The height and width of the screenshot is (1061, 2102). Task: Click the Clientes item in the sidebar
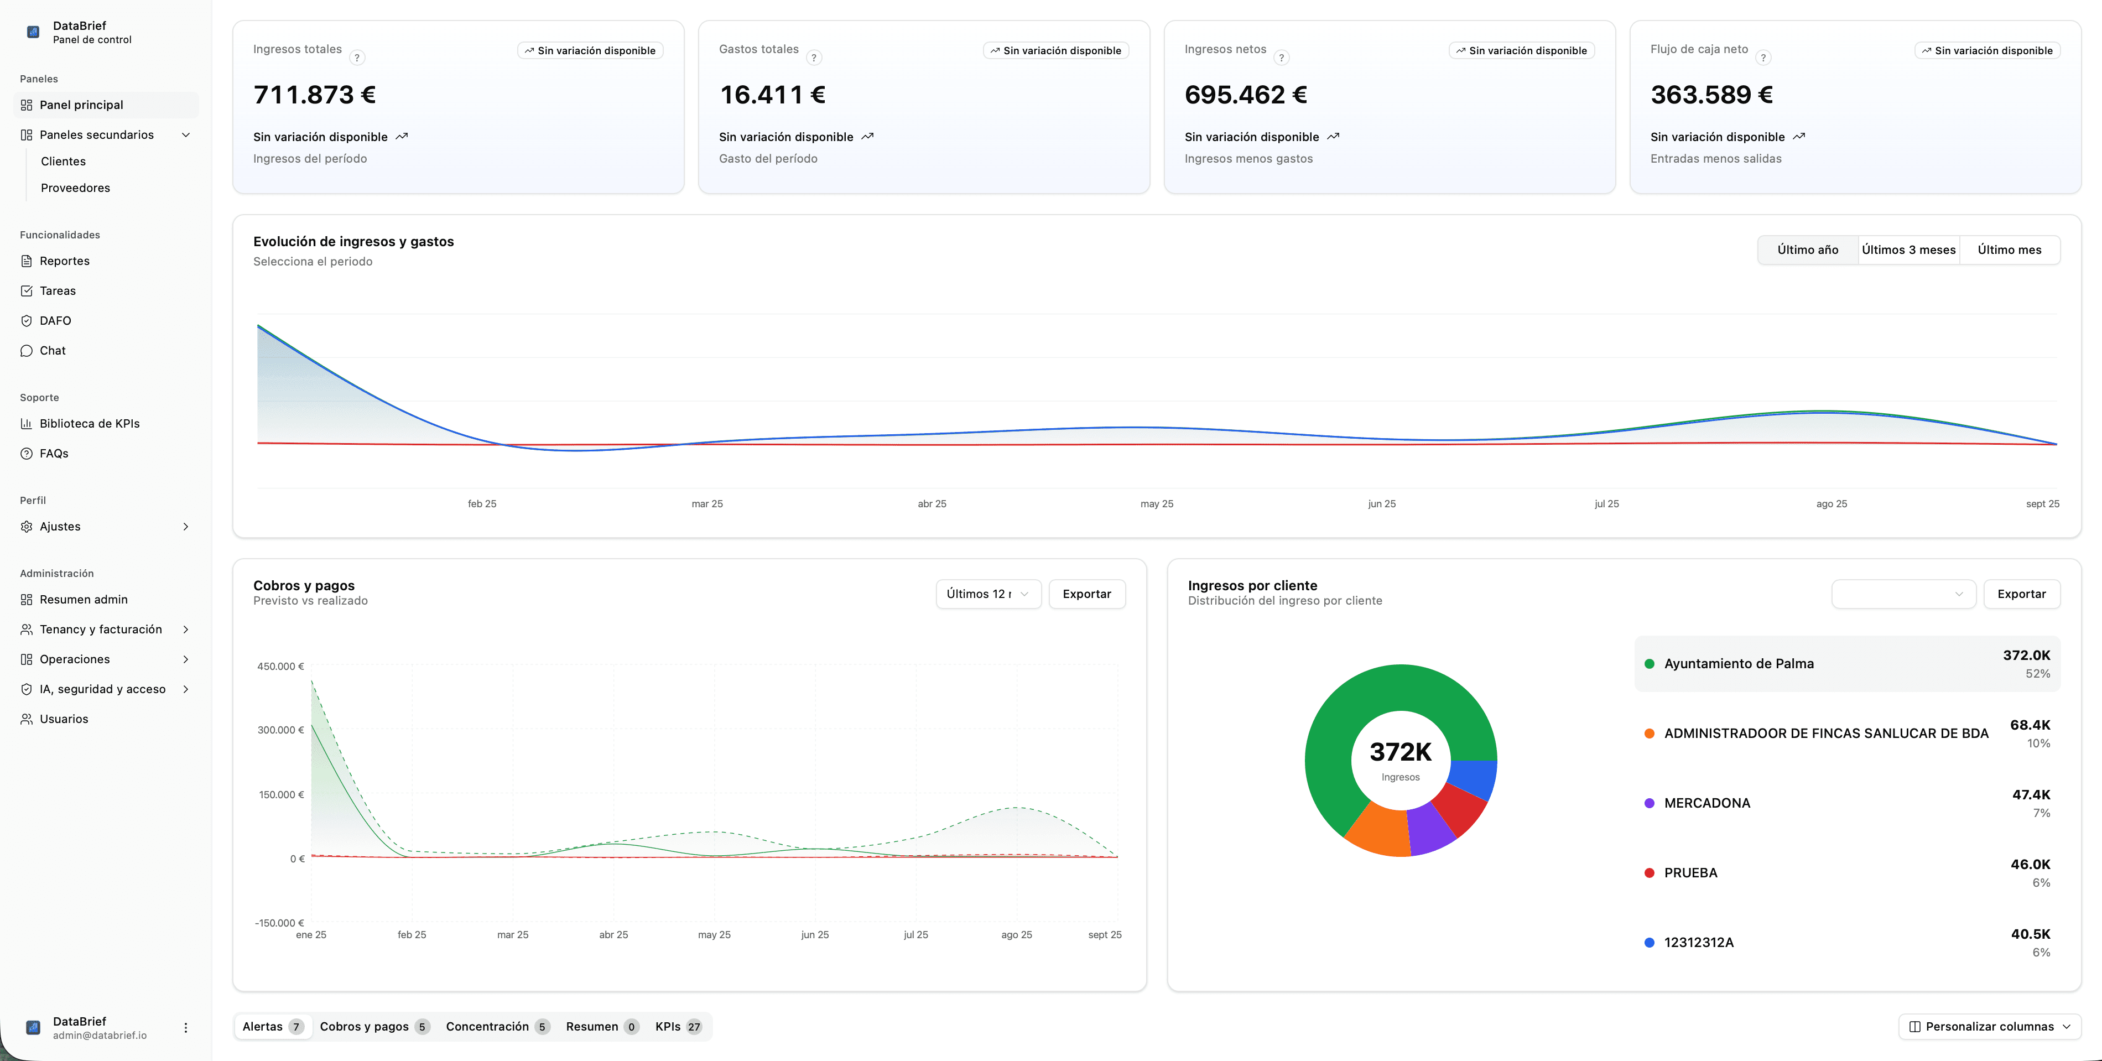tap(63, 162)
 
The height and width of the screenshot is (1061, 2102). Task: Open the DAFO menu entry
tap(55, 321)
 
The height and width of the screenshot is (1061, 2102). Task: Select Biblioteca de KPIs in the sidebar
tap(89, 424)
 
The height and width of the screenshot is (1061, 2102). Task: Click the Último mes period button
tap(2009, 249)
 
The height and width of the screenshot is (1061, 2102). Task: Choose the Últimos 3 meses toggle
tap(1908, 249)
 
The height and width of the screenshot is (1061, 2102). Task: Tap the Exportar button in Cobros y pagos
tap(1086, 594)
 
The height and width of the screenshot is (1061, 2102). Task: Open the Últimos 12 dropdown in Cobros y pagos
tap(987, 594)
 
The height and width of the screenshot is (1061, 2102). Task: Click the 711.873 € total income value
tap(314, 96)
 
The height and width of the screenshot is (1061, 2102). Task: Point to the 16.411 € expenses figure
tap(772, 96)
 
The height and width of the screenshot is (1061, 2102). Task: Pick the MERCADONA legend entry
tap(1706, 803)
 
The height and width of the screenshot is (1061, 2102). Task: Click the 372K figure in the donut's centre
tap(1400, 752)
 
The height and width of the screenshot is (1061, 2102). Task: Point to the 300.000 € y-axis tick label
tap(280, 730)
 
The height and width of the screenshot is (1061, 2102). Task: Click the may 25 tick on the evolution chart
tap(1156, 505)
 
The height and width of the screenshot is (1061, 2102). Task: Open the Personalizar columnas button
tap(1989, 1027)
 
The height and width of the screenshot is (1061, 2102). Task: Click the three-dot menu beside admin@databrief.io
tap(185, 1028)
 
